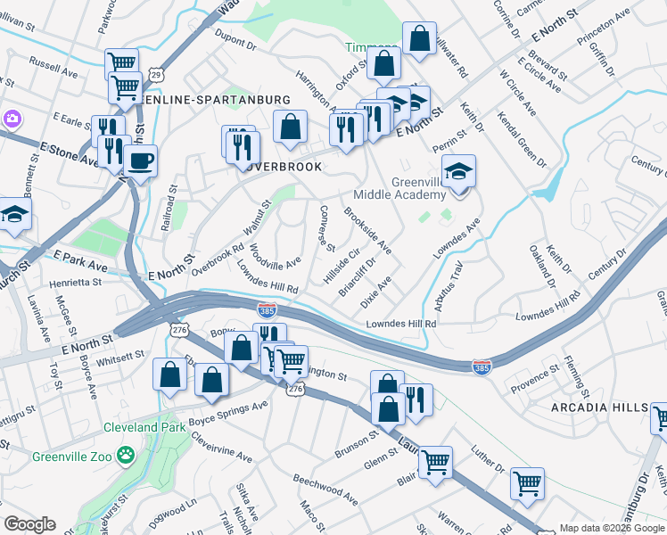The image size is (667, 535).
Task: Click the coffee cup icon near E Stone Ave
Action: pos(139,160)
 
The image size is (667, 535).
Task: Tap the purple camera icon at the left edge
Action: pos(11,119)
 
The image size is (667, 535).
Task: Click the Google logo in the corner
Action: pos(30,524)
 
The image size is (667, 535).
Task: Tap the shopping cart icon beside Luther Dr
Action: pos(527,482)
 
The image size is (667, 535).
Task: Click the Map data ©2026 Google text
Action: pos(610,528)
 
